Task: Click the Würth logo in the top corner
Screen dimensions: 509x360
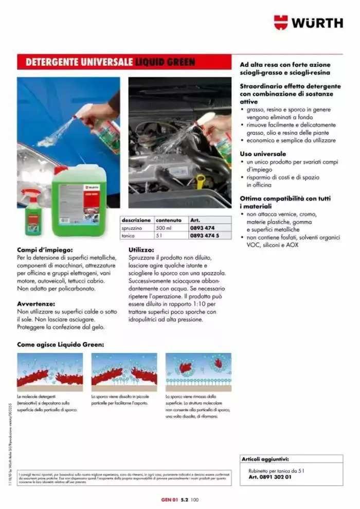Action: pos(308,23)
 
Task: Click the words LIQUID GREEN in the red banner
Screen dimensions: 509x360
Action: pos(165,62)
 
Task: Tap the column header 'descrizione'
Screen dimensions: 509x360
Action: pos(136,220)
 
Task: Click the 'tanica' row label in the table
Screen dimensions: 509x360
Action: pos(128,235)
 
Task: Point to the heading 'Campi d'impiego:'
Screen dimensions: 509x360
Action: pos(45,250)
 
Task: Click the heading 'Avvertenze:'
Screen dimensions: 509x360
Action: pos(37,304)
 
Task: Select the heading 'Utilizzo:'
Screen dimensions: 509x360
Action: pos(142,250)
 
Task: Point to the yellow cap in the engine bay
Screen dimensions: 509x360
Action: pos(200,181)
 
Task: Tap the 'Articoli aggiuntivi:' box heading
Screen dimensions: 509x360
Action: pos(265,459)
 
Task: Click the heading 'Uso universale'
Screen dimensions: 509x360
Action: pos(263,154)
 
